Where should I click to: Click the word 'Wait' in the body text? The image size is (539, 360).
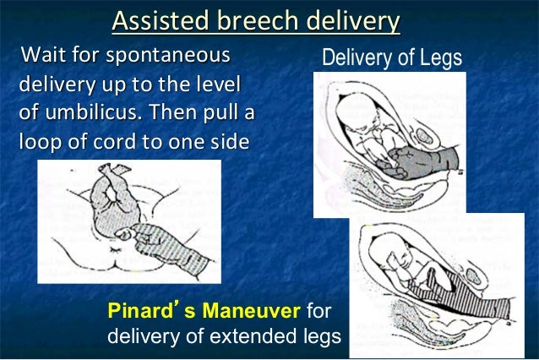pos(45,57)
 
